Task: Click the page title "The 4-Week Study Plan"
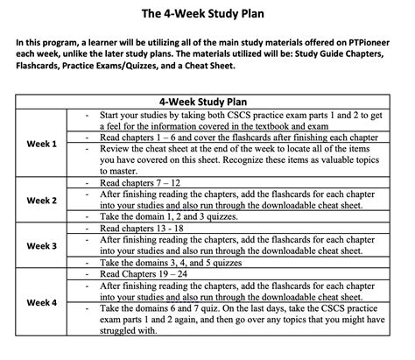(x=207, y=14)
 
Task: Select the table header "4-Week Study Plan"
(x=207, y=101)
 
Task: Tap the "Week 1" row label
(x=41, y=143)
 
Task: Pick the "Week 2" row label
(x=41, y=200)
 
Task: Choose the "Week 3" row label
(x=41, y=246)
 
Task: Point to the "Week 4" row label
(x=41, y=302)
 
